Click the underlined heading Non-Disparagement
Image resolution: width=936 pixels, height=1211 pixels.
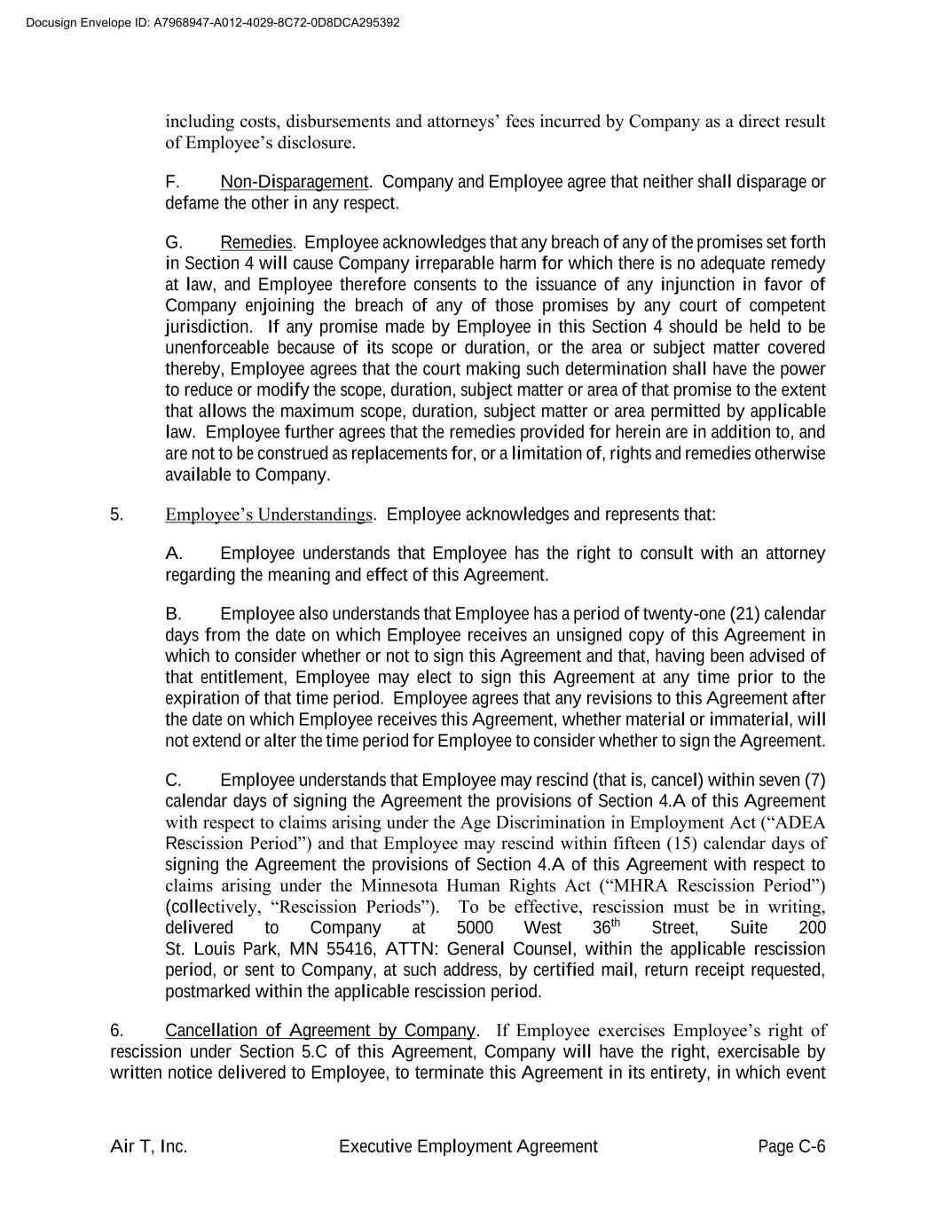pos(294,182)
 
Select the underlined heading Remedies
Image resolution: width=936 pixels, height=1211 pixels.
pos(256,242)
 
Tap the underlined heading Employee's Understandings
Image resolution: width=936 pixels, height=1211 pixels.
pos(269,515)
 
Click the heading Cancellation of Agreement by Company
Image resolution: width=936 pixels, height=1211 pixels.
pos(320,1030)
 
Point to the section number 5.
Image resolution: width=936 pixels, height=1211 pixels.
pos(116,515)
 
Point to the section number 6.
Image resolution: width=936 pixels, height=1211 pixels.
pos(116,1030)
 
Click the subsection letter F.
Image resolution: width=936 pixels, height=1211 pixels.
pos(172,182)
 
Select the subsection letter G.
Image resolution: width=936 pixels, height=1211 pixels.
pos(173,242)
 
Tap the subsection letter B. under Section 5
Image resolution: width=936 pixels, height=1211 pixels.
pos(173,614)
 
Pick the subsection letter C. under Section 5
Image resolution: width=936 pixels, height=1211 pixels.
pos(173,780)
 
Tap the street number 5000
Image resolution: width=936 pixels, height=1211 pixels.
pos(475,928)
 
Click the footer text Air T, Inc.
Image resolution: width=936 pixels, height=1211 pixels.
pos(148,1146)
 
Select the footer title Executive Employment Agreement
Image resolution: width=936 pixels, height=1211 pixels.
pos(468,1146)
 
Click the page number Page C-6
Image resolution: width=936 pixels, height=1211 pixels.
pos(791,1146)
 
